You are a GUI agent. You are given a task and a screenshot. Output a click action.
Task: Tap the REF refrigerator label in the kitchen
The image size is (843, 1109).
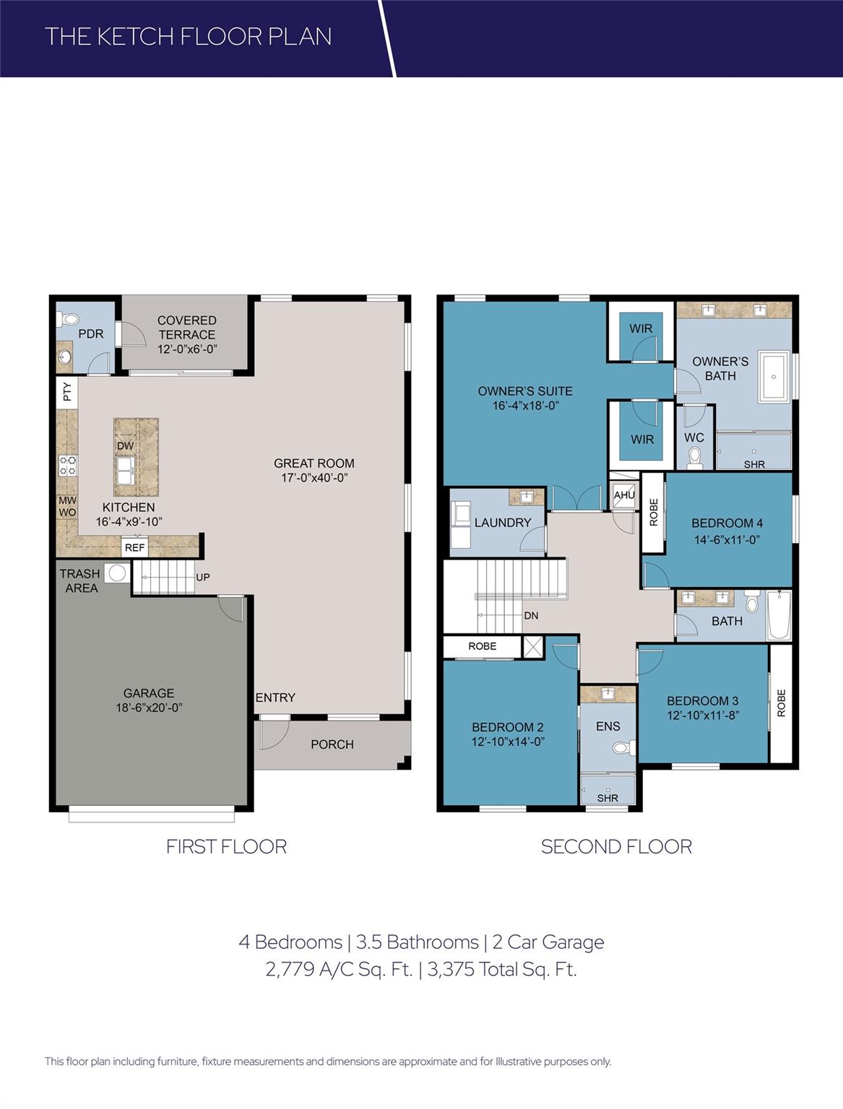tap(135, 548)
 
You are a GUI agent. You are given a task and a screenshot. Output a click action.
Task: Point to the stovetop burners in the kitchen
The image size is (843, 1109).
tap(68, 465)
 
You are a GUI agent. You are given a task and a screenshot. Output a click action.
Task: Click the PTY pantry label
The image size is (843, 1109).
tap(67, 392)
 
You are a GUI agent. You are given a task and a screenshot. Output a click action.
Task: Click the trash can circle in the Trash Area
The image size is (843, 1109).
tap(116, 574)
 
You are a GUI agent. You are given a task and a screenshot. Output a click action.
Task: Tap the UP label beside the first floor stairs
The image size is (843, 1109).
tap(203, 578)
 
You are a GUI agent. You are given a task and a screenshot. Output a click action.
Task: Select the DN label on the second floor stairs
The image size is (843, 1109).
tap(531, 616)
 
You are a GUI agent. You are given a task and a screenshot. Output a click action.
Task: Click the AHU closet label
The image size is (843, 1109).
tap(624, 495)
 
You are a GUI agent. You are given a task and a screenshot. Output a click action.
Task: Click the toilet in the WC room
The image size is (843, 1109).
tap(695, 456)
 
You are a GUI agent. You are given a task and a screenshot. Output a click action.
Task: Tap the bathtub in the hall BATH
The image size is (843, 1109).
tap(779, 616)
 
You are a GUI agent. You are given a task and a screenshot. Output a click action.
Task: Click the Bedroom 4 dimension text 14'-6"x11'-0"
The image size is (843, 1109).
tap(727, 539)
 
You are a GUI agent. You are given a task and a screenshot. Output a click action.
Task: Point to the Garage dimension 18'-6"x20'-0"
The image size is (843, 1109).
tap(149, 708)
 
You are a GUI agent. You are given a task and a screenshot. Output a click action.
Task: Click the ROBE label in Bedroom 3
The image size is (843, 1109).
tap(781, 703)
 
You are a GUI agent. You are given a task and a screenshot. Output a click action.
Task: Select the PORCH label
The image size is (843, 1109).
tap(332, 744)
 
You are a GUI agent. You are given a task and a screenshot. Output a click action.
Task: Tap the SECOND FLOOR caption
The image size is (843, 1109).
tap(616, 847)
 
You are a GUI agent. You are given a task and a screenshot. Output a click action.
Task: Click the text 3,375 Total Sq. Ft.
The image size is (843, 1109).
tap(502, 969)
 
